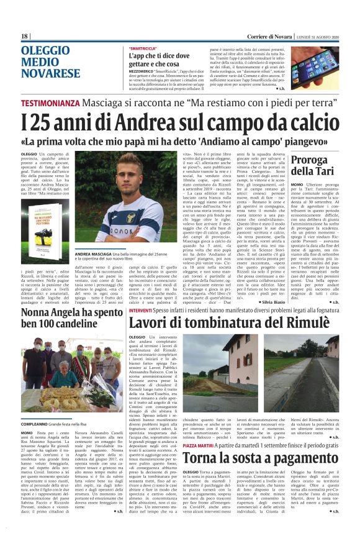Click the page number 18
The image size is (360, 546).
[25, 36]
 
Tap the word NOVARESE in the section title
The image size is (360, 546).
[51, 73]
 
